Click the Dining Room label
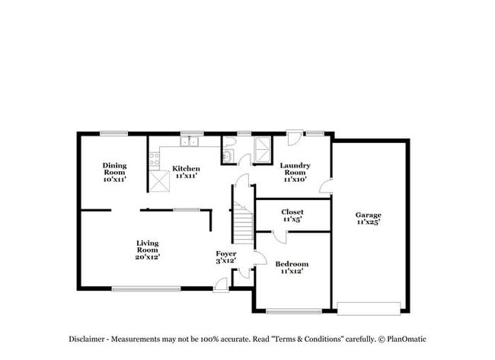point(114,169)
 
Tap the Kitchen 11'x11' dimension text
point(187,176)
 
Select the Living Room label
point(148,247)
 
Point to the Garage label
point(369,215)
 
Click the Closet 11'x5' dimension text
point(292,219)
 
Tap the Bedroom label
point(292,264)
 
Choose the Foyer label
point(226,253)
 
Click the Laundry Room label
point(295,169)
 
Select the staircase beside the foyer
point(243,222)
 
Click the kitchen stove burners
point(155,159)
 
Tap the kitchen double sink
point(189,142)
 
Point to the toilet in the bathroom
point(228,142)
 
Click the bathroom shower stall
point(263,150)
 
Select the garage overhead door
point(369,308)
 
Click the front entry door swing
point(220,285)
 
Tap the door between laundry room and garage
point(326,186)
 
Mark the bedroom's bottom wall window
point(294,311)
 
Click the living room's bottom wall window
point(146,288)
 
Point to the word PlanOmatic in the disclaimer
point(407,339)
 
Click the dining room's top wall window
point(114,134)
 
